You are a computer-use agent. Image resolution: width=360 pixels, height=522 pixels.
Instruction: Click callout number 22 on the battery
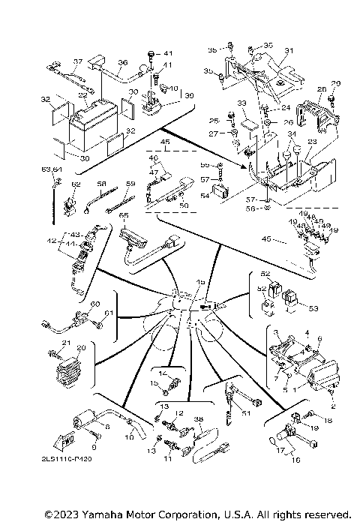click(x=83, y=95)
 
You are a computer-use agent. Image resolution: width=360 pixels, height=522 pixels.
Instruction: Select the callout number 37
click(x=76, y=61)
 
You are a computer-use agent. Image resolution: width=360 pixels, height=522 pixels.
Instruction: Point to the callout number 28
click(x=321, y=89)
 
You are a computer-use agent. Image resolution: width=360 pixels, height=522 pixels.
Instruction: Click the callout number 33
click(x=241, y=102)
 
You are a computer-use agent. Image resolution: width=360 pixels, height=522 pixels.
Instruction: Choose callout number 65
click(x=124, y=215)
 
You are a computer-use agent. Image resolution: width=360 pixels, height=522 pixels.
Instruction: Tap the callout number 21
click(x=65, y=343)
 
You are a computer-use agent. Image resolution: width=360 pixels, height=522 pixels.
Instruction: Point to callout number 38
click(x=199, y=418)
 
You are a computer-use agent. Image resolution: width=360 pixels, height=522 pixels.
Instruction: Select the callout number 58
click(x=102, y=182)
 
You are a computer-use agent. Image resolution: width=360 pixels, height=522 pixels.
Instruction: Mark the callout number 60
click(x=94, y=304)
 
